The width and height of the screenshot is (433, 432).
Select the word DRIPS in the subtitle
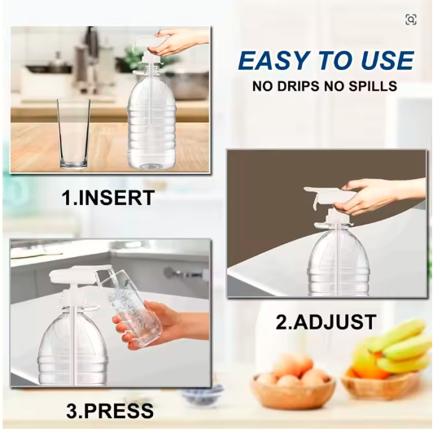[x=298, y=86]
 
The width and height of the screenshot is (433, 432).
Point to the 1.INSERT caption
[x=107, y=198]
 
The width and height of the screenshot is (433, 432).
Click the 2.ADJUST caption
[x=326, y=322]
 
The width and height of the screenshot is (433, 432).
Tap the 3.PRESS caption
[x=110, y=411]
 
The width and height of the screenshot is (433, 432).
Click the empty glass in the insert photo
[x=73, y=133]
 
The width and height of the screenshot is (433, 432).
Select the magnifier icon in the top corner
[x=411, y=20]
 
